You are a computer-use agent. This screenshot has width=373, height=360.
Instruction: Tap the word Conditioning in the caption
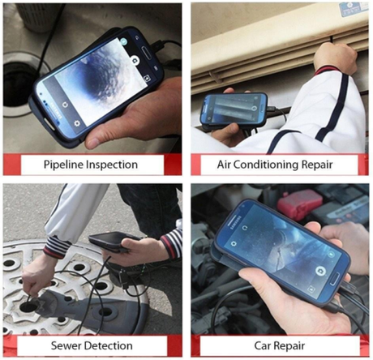[277, 165]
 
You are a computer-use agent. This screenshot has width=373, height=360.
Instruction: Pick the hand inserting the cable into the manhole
[36, 276]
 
